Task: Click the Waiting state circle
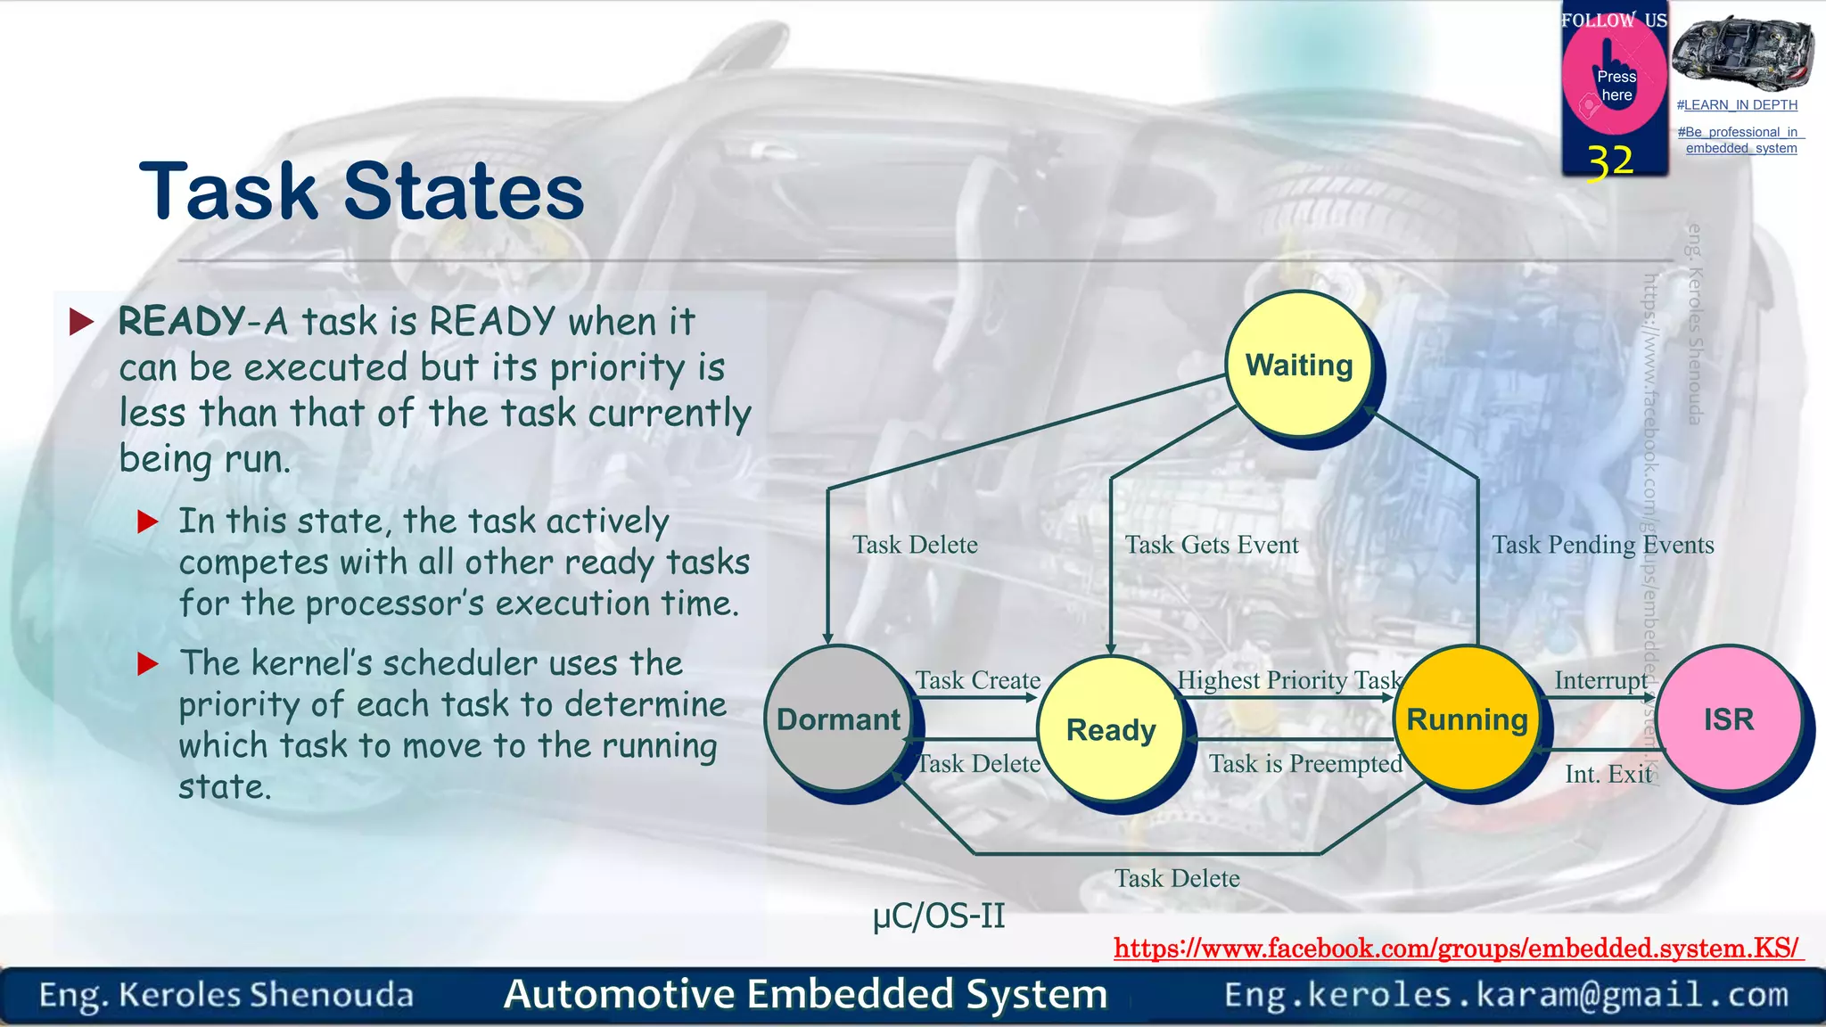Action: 1299,366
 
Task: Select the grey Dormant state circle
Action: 837,719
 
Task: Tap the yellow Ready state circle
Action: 1111,729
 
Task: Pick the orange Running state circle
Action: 1467,719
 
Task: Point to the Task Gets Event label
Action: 1211,545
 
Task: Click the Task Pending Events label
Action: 1602,545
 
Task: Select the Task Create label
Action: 977,680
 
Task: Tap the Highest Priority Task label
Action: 1288,680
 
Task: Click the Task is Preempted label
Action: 1305,764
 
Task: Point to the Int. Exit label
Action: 1608,774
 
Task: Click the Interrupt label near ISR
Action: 1600,680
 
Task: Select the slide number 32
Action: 1610,162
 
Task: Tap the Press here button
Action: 1615,86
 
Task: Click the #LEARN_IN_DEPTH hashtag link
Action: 1737,105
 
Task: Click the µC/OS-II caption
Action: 939,916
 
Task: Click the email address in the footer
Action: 1506,994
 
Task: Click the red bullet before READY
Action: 82,322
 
